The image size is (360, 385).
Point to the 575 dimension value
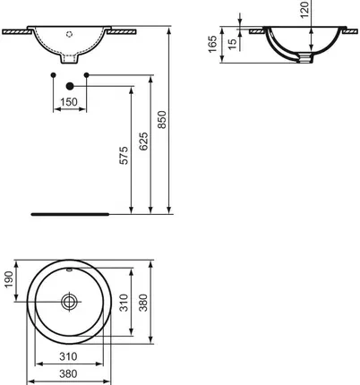pos(126,156)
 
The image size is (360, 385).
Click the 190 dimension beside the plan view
pos(10,281)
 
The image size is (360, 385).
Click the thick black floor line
pos(69,215)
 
